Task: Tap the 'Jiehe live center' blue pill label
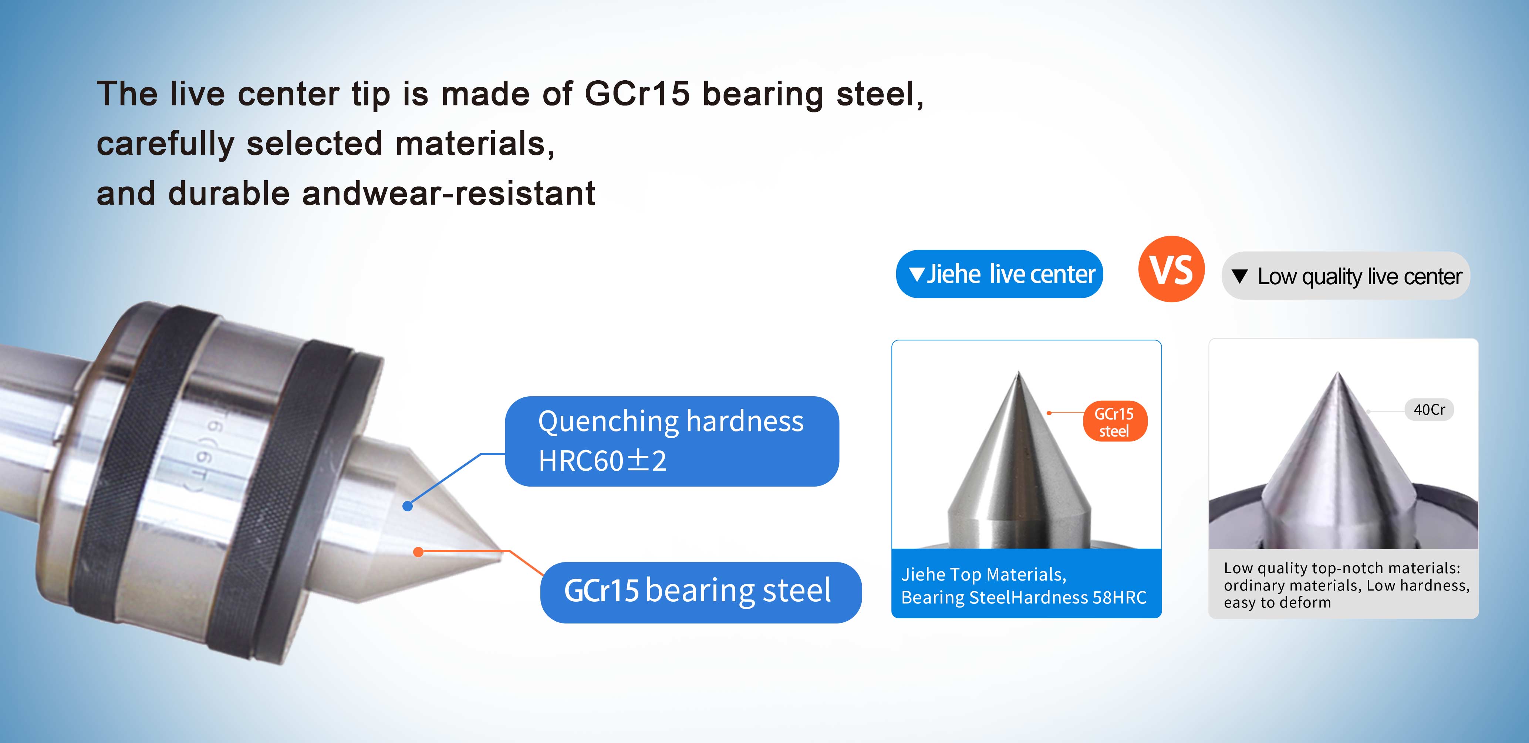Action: pyautogui.click(x=1000, y=274)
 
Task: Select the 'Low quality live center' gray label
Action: pyautogui.click(x=1346, y=276)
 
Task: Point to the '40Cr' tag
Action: pyautogui.click(x=1429, y=409)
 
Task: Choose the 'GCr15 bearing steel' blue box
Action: pyautogui.click(x=701, y=592)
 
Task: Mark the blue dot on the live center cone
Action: pyautogui.click(x=407, y=506)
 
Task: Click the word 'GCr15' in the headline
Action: pyautogui.click(x=637, y=94)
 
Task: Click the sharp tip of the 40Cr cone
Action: pyautogui.click(x=1337, y=372)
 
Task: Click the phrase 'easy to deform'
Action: pyautogui.click(x=1277, y=603)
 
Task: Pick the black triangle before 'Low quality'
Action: pyautogui.click(x=1239, y=276)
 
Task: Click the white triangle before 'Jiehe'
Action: pyautogui.click(x=917, y=275)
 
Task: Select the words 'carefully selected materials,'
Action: pyautogui.click(x=325, y=144)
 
